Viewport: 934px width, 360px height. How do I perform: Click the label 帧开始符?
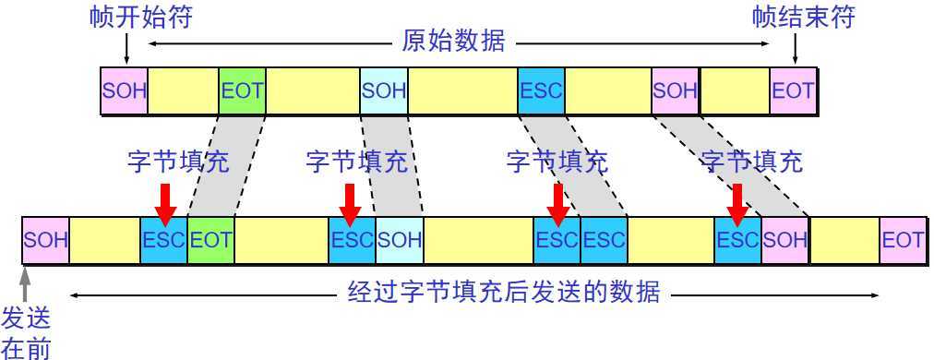point(141,18)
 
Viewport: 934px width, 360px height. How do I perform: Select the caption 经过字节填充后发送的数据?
point(503,294)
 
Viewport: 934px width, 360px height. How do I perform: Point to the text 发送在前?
point(27,332)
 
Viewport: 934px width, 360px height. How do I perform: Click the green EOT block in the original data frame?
point(242,90)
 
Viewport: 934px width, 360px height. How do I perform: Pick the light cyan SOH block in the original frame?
point(383,90)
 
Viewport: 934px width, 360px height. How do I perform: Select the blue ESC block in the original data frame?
point(541,90)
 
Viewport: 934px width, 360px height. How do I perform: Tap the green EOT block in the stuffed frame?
point(210,240)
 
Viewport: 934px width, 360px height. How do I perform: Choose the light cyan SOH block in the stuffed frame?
point(399,240)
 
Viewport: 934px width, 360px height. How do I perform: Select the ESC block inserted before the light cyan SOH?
point(352,240)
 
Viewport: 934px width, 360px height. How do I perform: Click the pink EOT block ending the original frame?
point(793,90)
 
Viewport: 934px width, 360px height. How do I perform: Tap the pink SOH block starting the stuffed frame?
point(45,240)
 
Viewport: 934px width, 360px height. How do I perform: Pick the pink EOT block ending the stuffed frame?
point(902,240)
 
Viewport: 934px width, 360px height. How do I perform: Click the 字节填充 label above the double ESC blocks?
point(557,162)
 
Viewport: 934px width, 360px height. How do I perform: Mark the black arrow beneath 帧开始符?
point(125,50)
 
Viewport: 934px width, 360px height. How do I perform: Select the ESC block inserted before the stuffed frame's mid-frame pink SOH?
point(737,240)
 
